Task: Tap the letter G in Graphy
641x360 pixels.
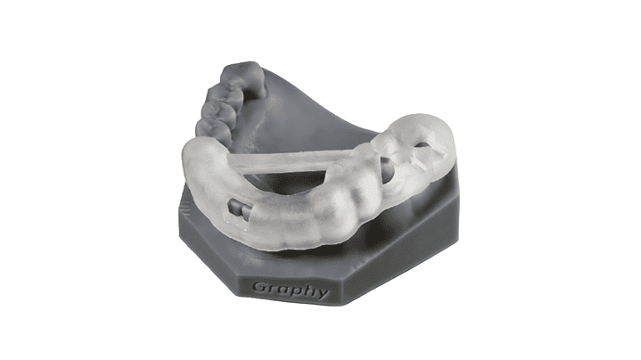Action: coord(259,286)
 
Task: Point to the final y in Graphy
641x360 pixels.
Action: coord(322,292)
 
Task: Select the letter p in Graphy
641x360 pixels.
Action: coord(294,291)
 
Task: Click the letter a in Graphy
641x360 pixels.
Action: coord(282,289)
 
